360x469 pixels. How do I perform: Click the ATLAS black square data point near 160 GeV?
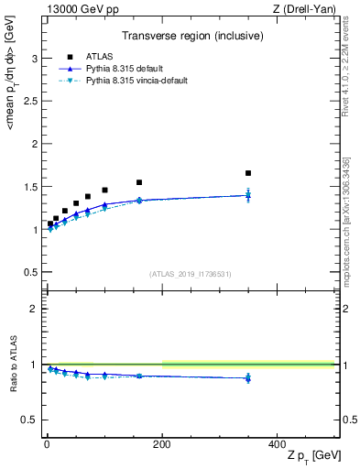[139, 182]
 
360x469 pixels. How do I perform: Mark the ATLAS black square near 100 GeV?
[104, 190]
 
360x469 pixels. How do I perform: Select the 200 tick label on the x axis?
[162, 443]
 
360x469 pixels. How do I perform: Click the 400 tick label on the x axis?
[277, 443]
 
